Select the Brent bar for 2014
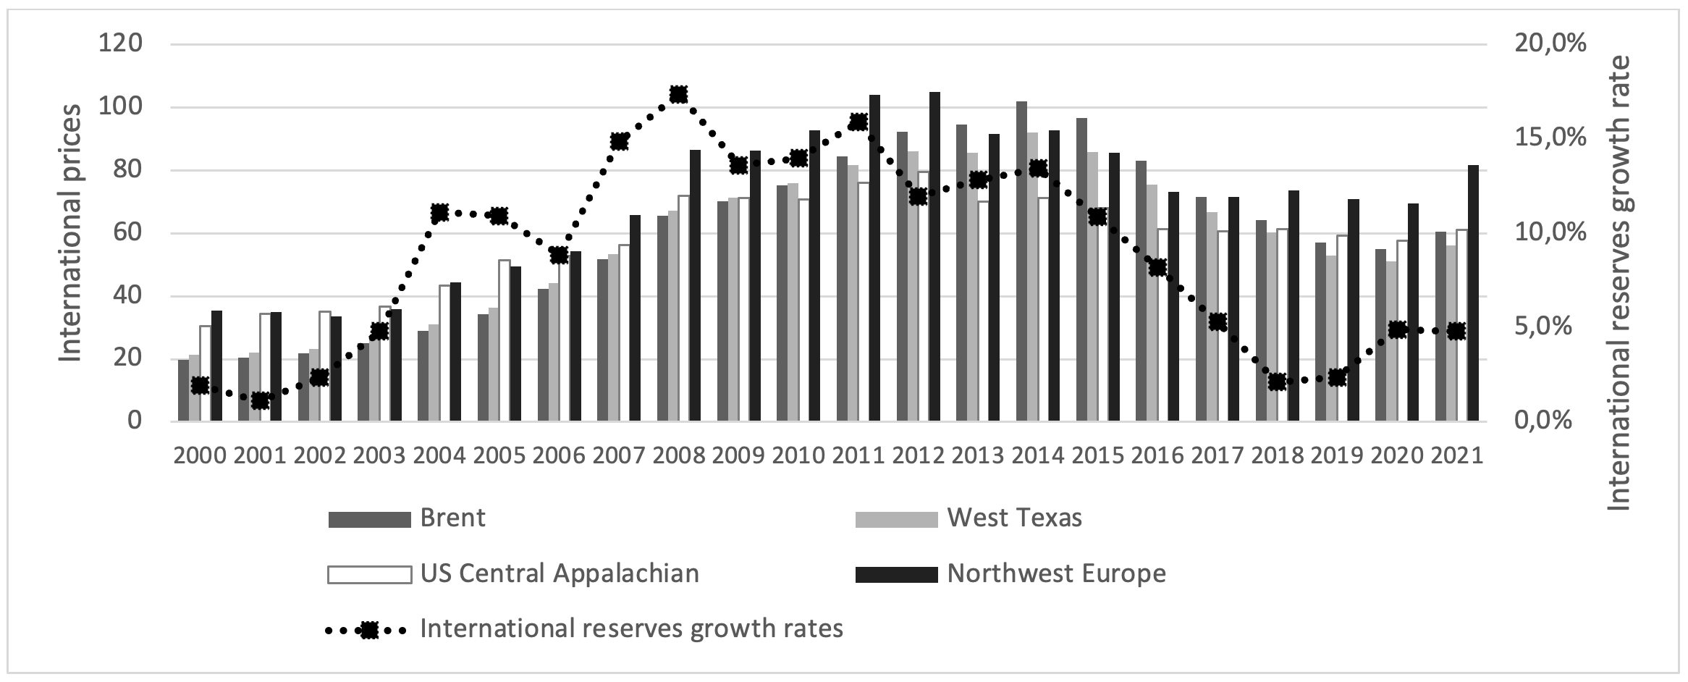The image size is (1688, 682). (x=1021, y=261)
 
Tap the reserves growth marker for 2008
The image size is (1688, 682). (x=678, y=94)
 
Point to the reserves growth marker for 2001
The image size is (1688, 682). (x=261, y=400)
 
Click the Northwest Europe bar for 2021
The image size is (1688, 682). (x=1473, y=293)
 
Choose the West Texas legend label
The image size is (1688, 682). (x=1014, y=518)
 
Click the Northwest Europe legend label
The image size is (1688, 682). (x=1056, y=573)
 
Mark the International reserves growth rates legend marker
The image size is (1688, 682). (x=369, y=630)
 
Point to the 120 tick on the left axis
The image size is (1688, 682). (x=122, y=44)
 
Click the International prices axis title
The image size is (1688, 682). (x=70, y=233)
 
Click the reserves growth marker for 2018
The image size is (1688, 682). (x=1278, y=382)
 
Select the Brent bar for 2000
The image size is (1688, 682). (x=183, y=390)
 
